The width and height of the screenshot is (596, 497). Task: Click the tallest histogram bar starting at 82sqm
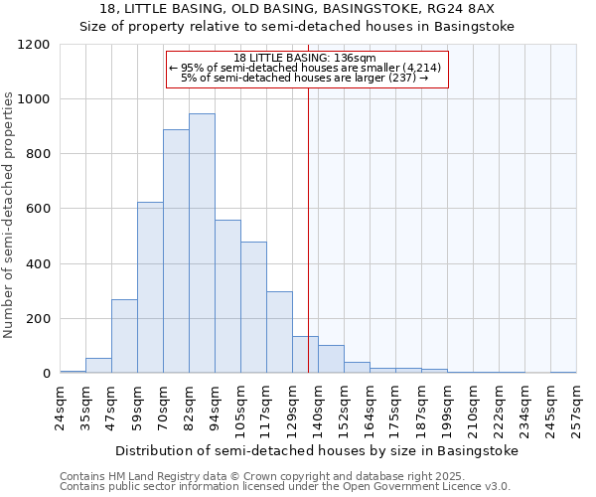coord(202,244)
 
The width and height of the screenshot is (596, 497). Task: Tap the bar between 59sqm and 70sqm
coord(150,287)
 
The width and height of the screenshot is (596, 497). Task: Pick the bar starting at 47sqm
coord(124,336)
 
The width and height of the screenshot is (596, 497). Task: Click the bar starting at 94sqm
coord(227,297)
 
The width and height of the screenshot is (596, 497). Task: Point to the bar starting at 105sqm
coord(253,307)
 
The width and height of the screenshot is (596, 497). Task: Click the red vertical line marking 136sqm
coord(309,229)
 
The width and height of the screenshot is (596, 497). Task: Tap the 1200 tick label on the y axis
coord(35,45)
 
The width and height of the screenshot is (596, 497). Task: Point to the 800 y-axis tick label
coord(38,154)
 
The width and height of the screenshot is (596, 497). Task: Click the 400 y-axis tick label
coord(38,264)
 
